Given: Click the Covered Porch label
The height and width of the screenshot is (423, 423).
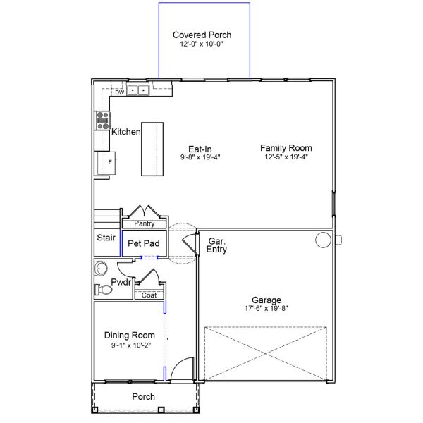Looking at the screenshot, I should (202, 35).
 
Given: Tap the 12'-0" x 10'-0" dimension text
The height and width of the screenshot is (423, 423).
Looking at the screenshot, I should (202, 44).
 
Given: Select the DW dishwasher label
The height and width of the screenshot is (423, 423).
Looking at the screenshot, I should (119, 92).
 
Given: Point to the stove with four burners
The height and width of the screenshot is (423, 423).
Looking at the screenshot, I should (102, 120).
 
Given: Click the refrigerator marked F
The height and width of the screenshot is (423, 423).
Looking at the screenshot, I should (106, 161).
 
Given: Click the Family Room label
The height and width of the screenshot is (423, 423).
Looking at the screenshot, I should (286, 148).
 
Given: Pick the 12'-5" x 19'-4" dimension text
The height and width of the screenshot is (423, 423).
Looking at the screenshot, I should (286, 157).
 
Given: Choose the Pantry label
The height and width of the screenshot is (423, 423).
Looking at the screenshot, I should (145, 223).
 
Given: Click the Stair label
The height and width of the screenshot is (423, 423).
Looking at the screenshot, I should (106, 238).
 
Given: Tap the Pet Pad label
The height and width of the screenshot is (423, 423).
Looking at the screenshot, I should (143, 243).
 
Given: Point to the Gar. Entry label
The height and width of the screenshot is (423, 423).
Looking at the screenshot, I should (216, 245).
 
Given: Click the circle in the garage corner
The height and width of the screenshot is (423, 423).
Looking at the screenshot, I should (322, 240).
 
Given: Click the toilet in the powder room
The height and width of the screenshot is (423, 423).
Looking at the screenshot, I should (104, 289).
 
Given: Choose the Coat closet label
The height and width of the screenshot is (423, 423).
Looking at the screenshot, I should (149, 295).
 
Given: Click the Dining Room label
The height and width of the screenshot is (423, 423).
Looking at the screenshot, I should (129, 336).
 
